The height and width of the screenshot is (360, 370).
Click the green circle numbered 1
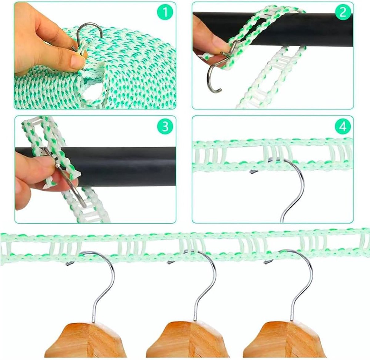165,13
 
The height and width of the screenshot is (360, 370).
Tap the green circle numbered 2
343,13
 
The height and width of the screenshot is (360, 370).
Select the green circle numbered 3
165,126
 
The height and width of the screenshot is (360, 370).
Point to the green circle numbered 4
343,126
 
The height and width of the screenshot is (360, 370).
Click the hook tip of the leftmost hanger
68,264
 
